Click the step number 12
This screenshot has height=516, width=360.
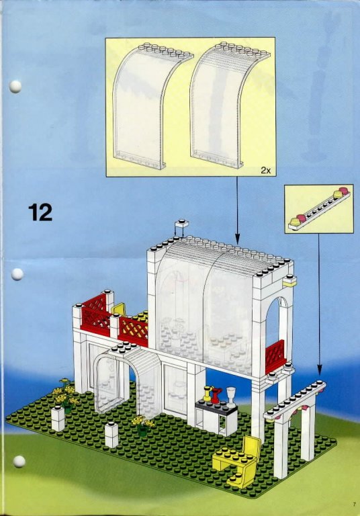pos(40,212)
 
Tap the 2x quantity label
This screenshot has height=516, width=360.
pos(265,170)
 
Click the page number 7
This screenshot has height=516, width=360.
pos(355,503)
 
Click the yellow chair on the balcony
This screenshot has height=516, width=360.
pos(118,309)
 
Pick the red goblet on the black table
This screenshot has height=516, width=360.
pos(216,395)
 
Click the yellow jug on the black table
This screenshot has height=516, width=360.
pos(207,394)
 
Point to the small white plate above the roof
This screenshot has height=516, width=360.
pos(181,224)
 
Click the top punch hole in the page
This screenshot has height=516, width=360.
pos(15,87)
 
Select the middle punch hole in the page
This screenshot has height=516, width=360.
pos(17,274)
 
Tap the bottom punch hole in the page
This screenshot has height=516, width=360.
pos(19,462)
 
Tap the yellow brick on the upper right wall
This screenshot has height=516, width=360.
pos(289,280)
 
